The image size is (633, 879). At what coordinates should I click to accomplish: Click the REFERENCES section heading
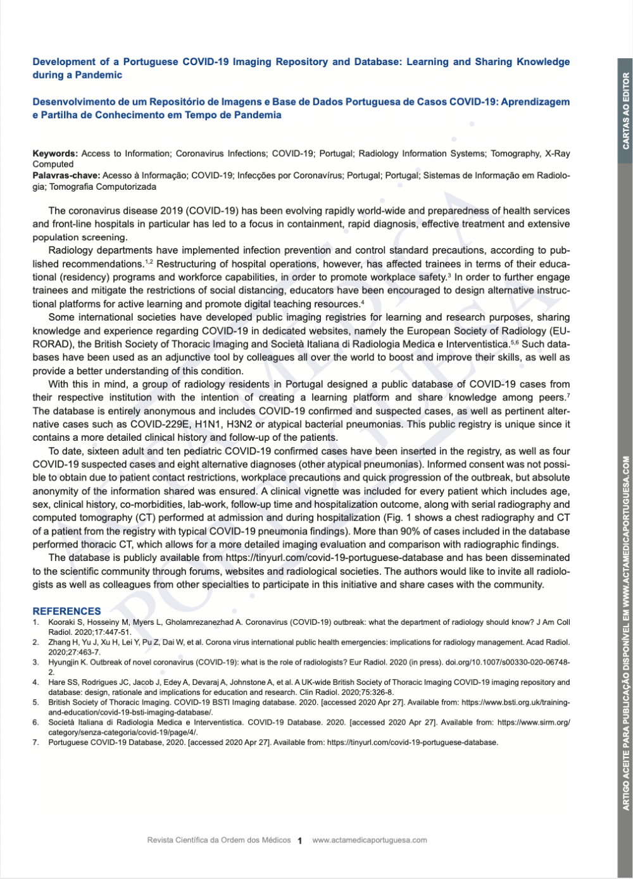[x=66, y=611]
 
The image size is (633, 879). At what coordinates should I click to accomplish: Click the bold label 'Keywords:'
[x=55, y=154]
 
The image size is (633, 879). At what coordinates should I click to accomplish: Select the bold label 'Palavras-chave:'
[x=66, y=175]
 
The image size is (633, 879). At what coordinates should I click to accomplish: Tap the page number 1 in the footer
[x=299, y=840]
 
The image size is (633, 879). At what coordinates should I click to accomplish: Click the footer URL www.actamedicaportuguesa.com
[x=370, y=840]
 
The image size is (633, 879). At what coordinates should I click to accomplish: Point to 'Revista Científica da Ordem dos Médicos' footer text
[x=218, y=840]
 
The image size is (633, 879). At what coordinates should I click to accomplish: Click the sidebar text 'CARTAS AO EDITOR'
[x=626, y=111]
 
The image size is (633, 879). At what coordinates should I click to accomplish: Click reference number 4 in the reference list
[x=36, y=682]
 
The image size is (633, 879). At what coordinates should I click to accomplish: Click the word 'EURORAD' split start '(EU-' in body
[x=559, y=331]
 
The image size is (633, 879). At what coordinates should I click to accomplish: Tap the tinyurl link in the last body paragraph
[x=335, y=558]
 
